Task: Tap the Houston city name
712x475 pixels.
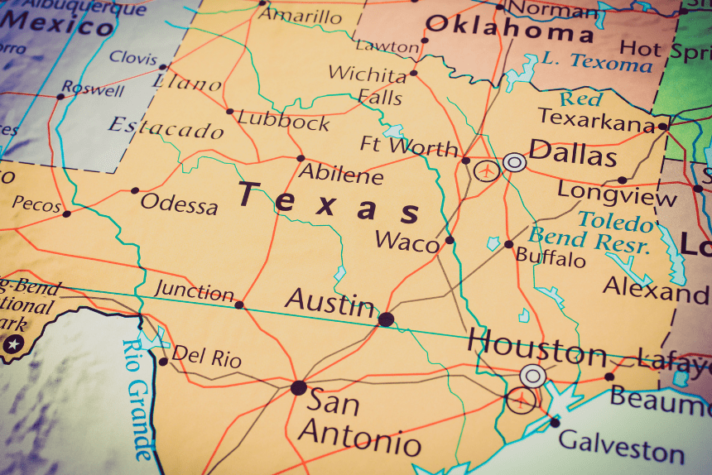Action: (x=536, y=347)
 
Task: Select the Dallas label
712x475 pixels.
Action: (x=572, y=155)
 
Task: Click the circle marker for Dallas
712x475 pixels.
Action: (x=514, y=162)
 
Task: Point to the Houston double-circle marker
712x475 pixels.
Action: (x=533, y=377)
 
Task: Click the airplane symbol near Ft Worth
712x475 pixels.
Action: (x=488, y=171)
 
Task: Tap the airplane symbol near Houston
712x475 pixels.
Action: (x=521, y=401)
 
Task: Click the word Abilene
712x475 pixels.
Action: (x=340, y=175)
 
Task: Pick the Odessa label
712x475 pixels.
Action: (x=179, y=203)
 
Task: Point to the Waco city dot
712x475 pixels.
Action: (x=450, y=240)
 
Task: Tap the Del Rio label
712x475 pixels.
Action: (x=206, y=358)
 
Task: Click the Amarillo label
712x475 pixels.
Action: (x=299, y=17)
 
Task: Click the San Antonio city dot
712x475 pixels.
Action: (x=299, y=387)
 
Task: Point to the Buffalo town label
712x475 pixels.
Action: (x=550, y=258)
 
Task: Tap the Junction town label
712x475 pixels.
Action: (x=195, y=291)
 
